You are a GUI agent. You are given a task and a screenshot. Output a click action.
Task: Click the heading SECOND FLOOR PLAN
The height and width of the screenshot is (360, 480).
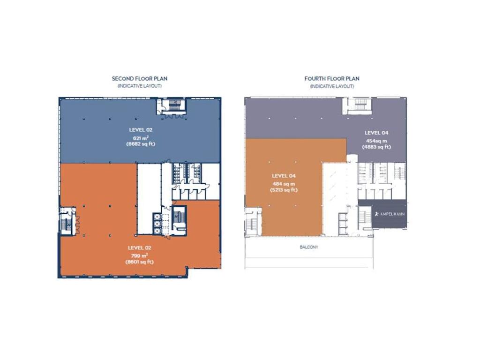pos(139,79)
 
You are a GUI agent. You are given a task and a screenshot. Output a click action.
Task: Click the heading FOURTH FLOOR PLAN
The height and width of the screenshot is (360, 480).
pos(332,79)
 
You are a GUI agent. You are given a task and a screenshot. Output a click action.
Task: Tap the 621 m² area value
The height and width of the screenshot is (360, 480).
pos(140,137)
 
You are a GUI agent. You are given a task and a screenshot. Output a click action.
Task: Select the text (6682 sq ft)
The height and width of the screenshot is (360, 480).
pos(140,144)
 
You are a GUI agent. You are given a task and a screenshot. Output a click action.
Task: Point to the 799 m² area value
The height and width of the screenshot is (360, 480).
pos(140,255)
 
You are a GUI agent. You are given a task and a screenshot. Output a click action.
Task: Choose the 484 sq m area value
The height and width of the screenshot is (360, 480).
pos(283,183)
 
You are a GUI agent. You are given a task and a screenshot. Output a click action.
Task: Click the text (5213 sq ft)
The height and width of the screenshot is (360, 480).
pos(283,190)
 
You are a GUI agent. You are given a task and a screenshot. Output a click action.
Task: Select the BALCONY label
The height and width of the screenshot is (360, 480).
pos(309,247)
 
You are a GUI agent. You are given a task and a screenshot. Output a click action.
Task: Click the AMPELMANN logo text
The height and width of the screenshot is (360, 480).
pos(390,214)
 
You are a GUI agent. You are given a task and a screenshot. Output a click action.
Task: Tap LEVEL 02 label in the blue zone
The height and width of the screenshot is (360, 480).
pos(141,129)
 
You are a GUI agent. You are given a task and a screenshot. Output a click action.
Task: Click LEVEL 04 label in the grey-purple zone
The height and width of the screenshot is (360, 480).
pos(376,133)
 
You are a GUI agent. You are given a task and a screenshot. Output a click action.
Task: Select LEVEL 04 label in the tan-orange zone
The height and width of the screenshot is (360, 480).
pos(284,176)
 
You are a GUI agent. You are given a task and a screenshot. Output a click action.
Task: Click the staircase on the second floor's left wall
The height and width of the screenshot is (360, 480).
pos(67,220)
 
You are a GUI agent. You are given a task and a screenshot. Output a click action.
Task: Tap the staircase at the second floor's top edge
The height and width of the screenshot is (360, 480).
pos(172,105)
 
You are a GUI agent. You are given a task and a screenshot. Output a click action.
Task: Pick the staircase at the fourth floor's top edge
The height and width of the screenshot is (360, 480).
pos(359,105)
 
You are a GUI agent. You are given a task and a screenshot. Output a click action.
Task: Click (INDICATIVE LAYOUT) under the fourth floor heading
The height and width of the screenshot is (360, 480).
pos(332,87)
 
